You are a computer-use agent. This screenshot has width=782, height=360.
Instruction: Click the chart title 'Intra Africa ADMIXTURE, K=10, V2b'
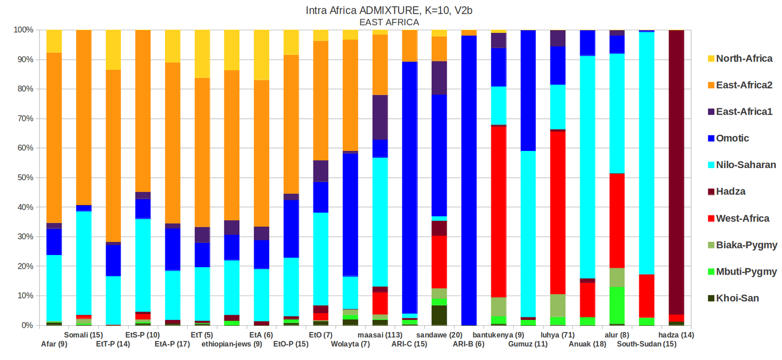click(x=389, y=10)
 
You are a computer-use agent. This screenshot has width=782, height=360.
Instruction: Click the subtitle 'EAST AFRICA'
click(x=389, y=22)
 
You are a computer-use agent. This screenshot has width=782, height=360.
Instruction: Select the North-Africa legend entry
click(x=744, y=59)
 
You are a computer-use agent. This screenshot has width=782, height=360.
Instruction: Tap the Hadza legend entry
click(x=731, y=191)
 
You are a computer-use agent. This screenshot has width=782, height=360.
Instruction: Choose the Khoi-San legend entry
click(x=737, y=298)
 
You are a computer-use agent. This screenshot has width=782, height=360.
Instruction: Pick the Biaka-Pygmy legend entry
click(x=746, y=245)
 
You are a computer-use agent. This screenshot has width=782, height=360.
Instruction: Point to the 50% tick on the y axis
click(x=23, y=178)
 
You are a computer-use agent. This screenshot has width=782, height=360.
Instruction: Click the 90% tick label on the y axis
click(x=23, y=60)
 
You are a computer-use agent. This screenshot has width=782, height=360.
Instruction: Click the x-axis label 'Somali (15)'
click(x=84, y=335)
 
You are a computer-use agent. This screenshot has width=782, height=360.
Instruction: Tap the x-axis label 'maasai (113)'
click(x=380, y=335)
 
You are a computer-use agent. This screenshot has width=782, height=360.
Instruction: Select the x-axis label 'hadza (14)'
click(x=676, y=335)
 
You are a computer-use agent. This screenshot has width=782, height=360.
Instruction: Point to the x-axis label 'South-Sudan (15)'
click(x=647, y=344)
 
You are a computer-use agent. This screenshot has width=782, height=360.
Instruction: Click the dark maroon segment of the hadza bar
click(x=676, y=171)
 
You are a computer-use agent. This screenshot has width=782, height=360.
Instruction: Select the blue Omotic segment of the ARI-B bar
click(x=469, y=181)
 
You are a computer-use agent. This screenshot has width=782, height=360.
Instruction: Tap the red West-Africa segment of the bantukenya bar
click(x=499, y=210)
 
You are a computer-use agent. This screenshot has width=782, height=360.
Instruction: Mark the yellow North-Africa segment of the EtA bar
click(x=261, y=54)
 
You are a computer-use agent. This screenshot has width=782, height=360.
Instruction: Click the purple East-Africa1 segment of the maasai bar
click(x=380, y=117)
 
